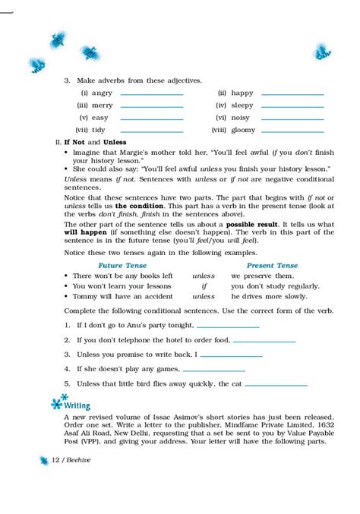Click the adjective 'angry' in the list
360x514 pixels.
point(100,93)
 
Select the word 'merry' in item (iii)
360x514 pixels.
point(102,106)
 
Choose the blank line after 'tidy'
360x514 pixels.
point(152,131)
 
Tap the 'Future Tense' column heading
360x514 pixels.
point(110,265)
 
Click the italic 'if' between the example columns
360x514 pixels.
point(203,286)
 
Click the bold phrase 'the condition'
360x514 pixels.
point(139,206)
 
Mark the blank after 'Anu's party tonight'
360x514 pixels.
point(228,326)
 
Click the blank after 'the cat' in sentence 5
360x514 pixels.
point(276,385)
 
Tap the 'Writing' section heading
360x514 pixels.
point(77,405)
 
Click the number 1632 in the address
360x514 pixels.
point(324,425)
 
